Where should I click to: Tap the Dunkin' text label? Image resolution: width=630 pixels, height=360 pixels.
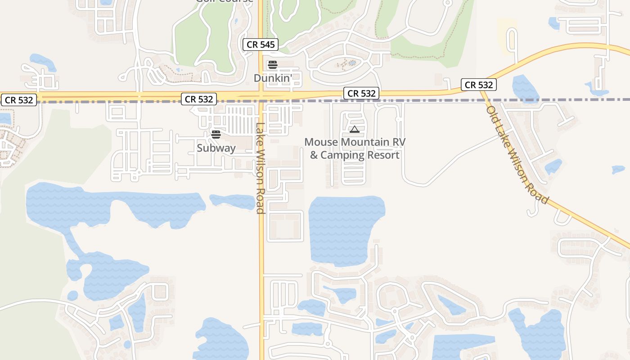click(273, 78)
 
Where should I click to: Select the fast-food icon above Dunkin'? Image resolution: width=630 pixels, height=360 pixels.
click(272, 65)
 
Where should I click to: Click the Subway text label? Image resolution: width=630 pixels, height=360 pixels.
click(216, 148)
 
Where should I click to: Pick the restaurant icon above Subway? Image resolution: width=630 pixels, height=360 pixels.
click(216, 134)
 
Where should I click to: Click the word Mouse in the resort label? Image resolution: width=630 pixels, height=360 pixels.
click(321, 142)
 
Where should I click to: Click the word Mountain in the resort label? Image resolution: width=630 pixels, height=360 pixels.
click(365, 142)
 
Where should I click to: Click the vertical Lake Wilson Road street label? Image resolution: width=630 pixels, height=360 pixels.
click(260, 168)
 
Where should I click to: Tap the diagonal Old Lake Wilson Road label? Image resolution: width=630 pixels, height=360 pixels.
click(517, 155)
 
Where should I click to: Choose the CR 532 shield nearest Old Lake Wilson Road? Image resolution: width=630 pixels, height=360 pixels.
click(478, 85)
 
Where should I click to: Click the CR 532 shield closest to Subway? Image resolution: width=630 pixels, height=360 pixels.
click(199, 99)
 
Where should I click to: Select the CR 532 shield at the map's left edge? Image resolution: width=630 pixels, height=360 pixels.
click(19, 100)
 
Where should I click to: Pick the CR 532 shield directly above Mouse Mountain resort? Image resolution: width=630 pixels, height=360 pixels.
click(361, 93)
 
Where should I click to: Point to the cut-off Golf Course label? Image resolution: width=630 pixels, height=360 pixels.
click(225, 1)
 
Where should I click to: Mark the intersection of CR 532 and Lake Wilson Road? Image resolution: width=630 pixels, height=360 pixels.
click(261, 96)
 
